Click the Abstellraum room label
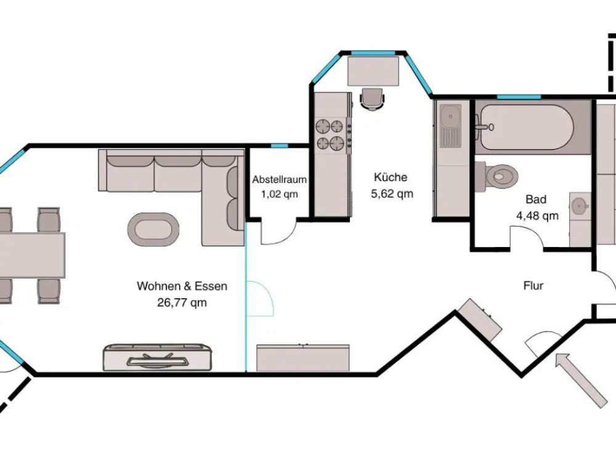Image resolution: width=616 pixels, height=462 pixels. coord(279,179)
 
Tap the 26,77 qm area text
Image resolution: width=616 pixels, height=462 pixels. coord(182,302)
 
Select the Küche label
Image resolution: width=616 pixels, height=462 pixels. coord(391,177)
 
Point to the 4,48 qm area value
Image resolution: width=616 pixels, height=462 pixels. coord(537,216)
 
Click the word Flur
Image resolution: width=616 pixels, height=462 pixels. coord(533,286)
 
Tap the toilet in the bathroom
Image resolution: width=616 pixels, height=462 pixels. coord(496,174)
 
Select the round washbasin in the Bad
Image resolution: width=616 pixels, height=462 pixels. coord(580,206)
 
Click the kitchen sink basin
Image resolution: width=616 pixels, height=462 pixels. coord(450,116)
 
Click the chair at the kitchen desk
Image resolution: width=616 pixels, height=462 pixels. coord(371,99)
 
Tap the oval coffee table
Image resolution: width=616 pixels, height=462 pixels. coord(153,230)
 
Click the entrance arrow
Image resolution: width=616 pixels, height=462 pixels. coord(582,380)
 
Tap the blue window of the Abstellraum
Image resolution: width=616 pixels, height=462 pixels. coord(280,146)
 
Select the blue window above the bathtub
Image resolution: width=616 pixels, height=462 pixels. coord(514,97)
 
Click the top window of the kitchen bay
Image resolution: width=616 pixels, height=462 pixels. coord(373,53)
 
